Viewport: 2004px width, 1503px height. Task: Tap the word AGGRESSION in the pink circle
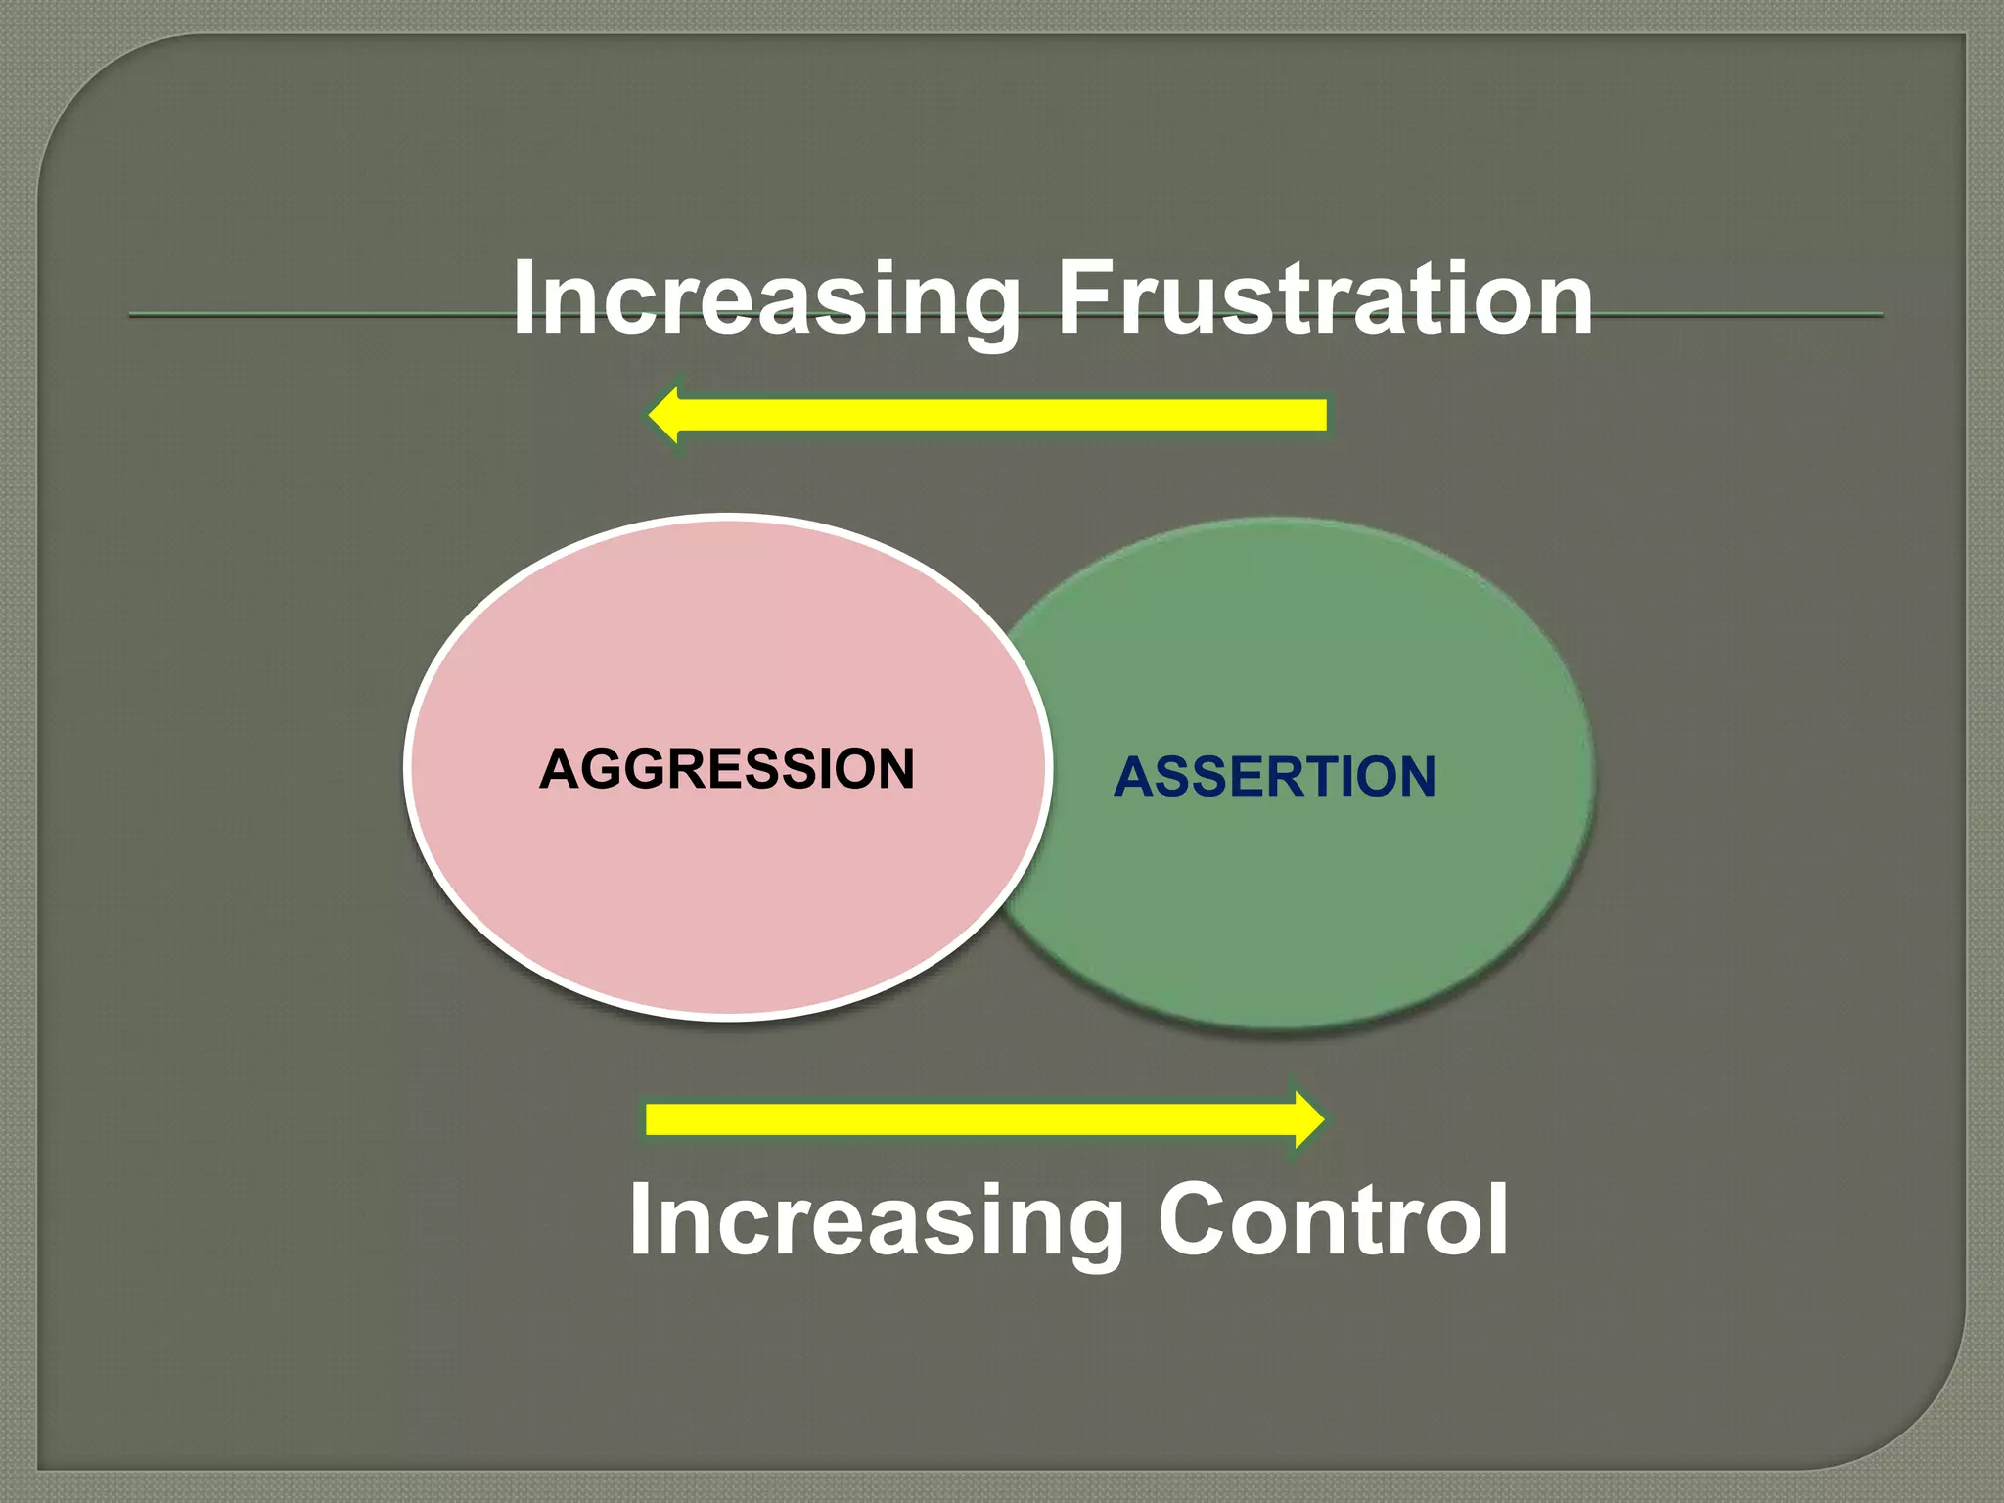727,768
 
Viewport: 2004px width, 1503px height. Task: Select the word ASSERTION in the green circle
1275,777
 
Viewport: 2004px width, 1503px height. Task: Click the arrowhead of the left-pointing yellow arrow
665,415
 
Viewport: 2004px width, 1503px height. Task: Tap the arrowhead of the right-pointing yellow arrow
1308,1118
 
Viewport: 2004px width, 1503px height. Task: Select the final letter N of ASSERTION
1414,777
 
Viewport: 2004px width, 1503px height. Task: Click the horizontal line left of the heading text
313,314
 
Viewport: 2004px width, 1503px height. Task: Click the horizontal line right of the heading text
1742,314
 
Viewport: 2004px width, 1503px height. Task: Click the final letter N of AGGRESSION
893,768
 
